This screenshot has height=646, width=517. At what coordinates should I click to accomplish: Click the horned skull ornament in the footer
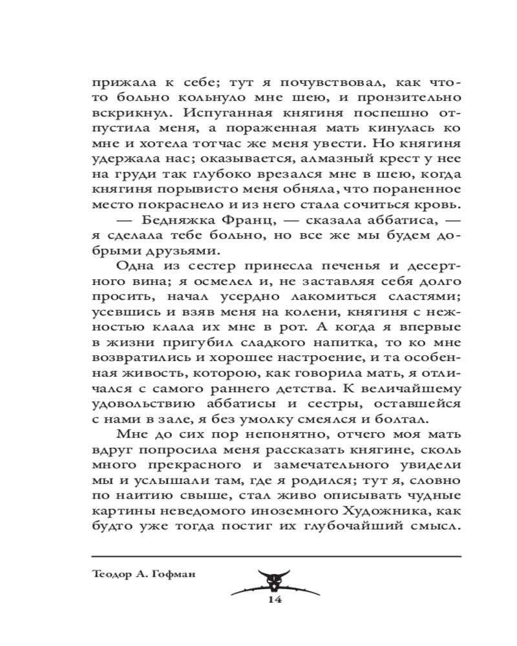(276, 579)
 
